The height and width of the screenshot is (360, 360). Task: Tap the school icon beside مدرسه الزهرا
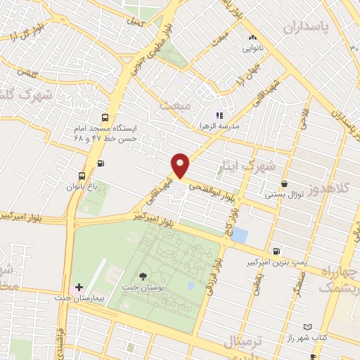click(219, 115)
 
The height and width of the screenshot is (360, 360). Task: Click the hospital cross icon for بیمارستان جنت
click(79, 287)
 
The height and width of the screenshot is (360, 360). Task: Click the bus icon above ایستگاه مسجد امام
click(105, 118)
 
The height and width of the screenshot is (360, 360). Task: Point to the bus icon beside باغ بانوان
click(82, 176)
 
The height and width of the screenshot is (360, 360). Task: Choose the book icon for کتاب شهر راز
click(307, 326)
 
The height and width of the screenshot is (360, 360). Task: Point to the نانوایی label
click(252, 49)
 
